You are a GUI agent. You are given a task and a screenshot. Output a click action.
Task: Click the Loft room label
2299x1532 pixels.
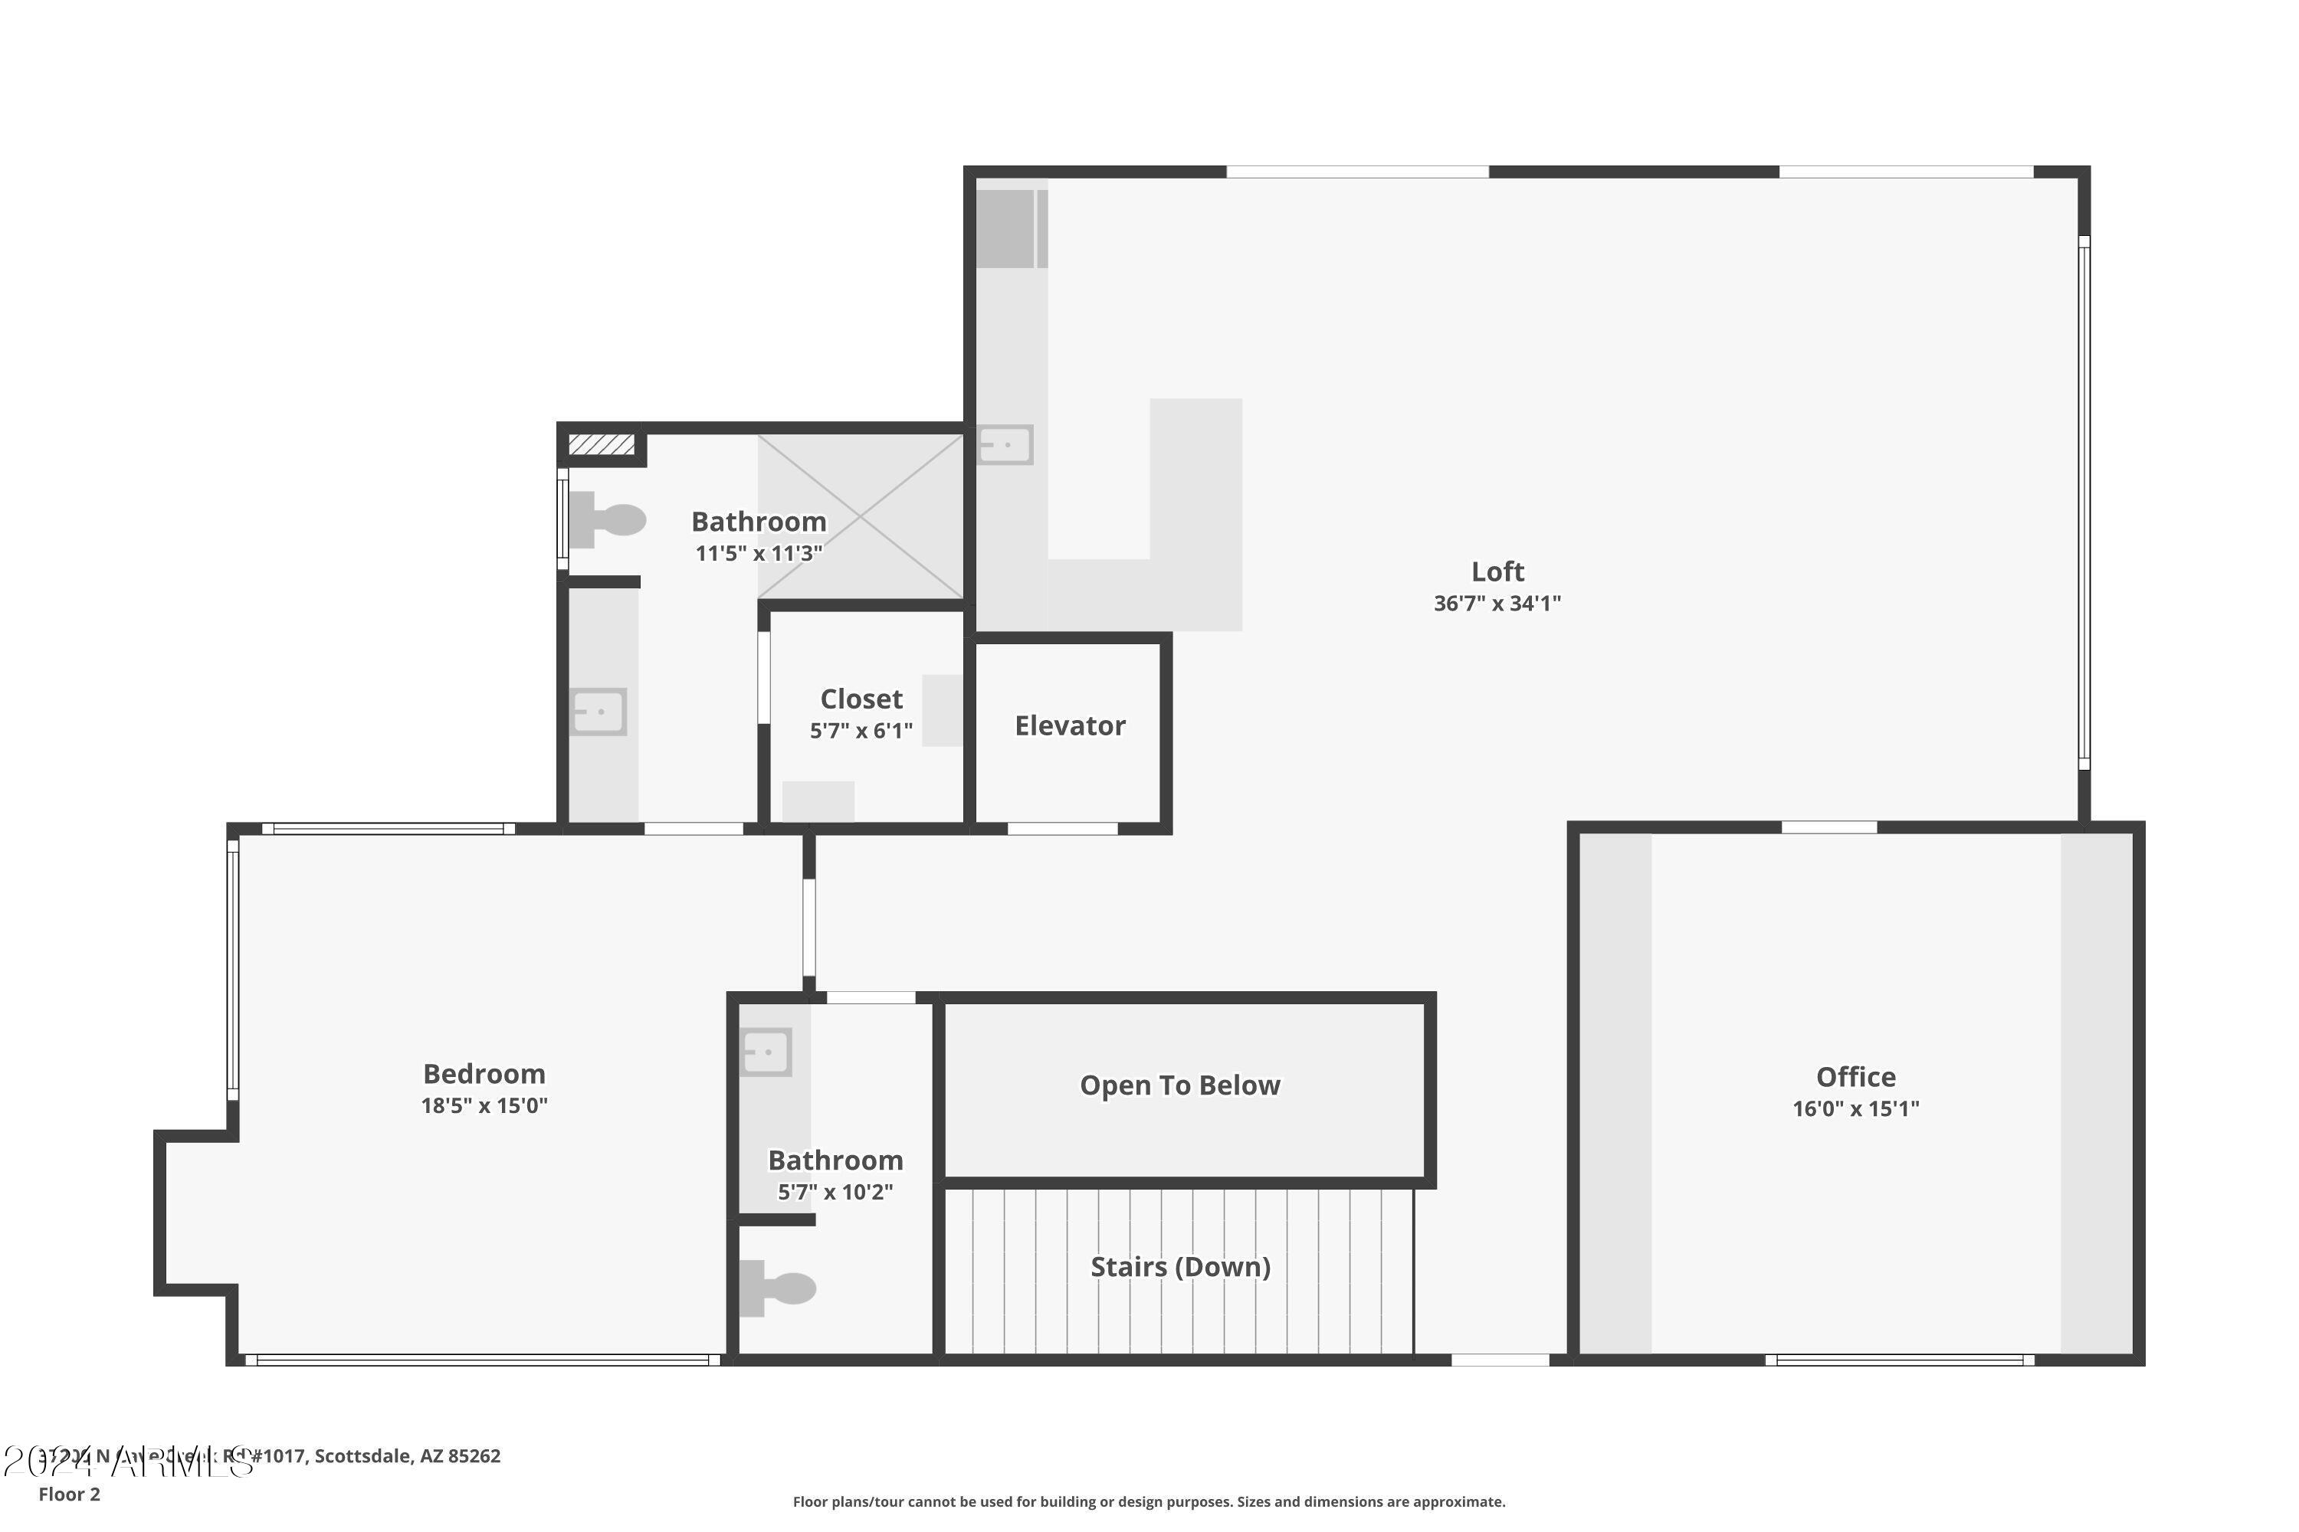[x=1497, y=571]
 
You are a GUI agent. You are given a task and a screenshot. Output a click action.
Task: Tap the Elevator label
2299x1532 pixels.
[x=1069, y=726]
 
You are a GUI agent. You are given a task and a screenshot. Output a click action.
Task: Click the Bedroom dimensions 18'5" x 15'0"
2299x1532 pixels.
[x=484, y=1106]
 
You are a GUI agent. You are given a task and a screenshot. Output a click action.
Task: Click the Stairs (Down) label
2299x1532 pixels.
[x=1180, y=1267]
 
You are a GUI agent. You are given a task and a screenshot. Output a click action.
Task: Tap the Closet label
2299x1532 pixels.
[x=860, y=699]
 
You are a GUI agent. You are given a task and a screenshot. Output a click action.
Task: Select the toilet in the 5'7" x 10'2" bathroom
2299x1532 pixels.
[x=777, y=1288]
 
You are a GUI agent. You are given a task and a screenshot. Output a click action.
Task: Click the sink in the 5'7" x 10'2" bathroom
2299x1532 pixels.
[x=766, y=1052]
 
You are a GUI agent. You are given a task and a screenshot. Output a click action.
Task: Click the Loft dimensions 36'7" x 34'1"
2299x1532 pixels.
[x=1497, y=604]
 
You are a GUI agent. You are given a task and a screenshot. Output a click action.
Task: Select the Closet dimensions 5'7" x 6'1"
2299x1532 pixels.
[x=860, y=731]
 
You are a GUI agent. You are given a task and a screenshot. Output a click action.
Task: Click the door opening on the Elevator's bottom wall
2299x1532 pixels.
[x=1061, y=829]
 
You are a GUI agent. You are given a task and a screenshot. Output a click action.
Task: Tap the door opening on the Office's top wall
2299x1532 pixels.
[x=1828, y=827]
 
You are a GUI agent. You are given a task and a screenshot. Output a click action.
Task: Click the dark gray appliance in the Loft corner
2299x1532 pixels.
[x=1005, y=228]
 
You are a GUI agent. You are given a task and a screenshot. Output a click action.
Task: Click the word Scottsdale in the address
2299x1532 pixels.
[x=362, y=1456]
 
